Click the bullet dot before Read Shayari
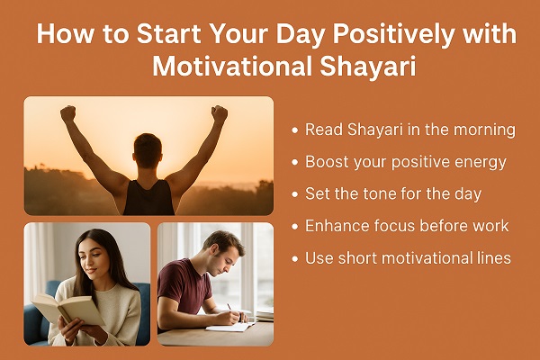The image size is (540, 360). coord(294,130)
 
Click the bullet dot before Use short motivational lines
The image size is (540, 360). coord(294,259)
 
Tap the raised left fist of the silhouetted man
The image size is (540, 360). coord(67,113)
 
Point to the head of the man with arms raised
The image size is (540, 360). coord(147,148)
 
